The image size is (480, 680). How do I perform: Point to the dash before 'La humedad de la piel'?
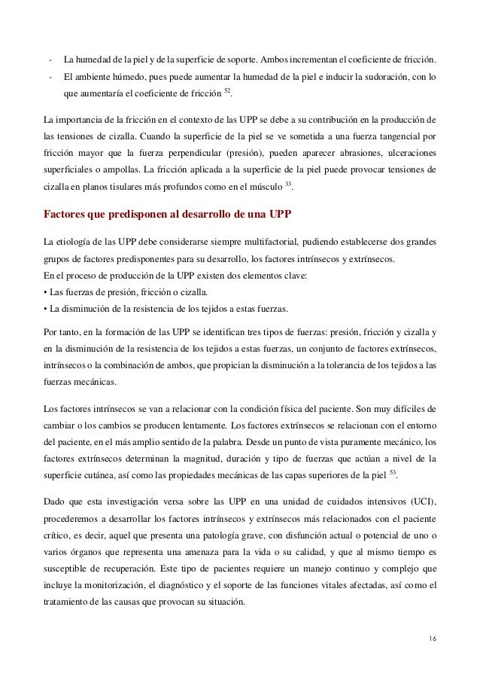50,60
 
